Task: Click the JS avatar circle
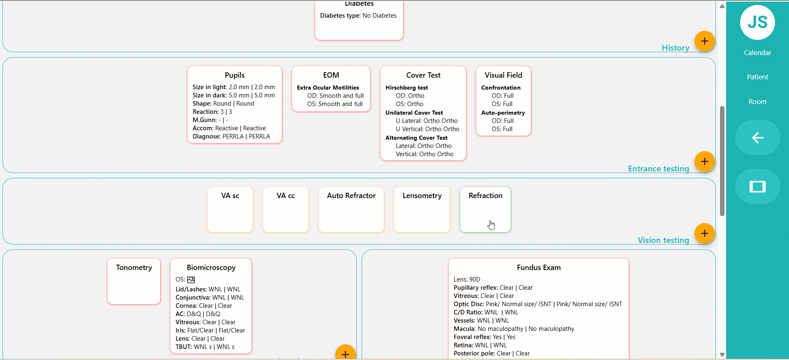coord(757,22)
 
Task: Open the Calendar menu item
coord(757,53)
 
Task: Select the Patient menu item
coord(757,77)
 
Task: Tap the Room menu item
coord(757,102)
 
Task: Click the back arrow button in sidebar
coord(757,138)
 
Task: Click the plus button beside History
coord(705,41)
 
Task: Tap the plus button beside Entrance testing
coord(705,162)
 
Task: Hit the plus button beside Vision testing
coord(705,233)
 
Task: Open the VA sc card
coord(230,210)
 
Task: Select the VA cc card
coord(286,210)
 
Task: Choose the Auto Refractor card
coord(351,210)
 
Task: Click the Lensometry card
coord(422,210)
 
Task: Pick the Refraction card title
coord(485,196)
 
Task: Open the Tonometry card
coord(134,282)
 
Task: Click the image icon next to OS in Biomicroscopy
coord(191,280)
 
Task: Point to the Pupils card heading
coord(235,75)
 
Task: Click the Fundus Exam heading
coord(539,268)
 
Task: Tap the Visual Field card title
coord(503,75)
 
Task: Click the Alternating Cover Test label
coord(416,138)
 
